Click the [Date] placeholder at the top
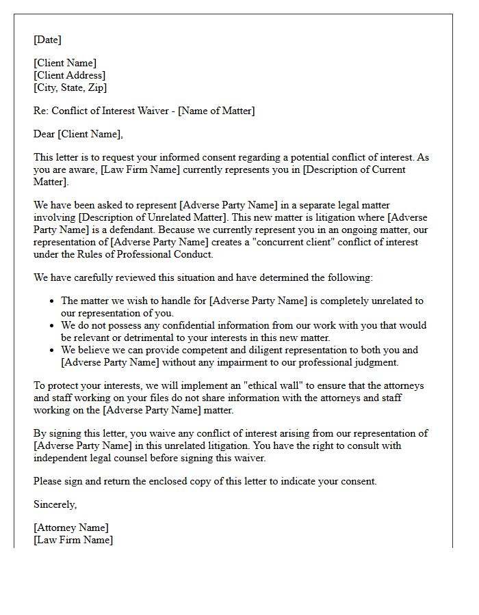pyautogui.click(x=47, y=40)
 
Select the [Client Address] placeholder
pyautogui.click(x=70, y=75)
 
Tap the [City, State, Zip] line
pyautogui.click(x=70, y=87)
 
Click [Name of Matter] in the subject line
pyautogui.click(x=216, y=111)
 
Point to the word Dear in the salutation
pyautogui.click(x=44, y=134)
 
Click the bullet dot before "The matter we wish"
pyautogui.click(x=53, y=301)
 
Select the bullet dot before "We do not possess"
pyautogui.click(x=53, y=325)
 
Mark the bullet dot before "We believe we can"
pyautogui.click(x=53, y=350)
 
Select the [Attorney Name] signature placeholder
pyautogui.click(x=70, y=528)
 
